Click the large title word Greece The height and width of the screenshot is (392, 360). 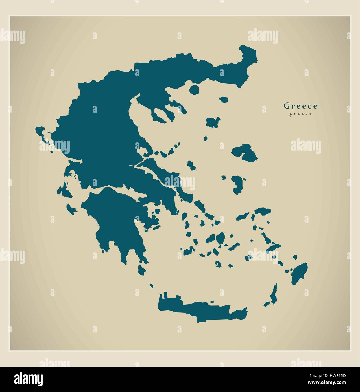pos(300,106)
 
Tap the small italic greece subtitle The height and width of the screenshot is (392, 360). pos(300,114)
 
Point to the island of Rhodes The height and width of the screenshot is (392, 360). pos(299,273)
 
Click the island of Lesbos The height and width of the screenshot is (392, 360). pos(245,153)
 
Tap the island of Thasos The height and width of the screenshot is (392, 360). pos(194,89)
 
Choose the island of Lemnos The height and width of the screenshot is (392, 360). pos(213,122)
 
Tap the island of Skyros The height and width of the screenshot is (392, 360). pos(191,165)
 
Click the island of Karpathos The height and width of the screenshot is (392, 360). pos(273,295)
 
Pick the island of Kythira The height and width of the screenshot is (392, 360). pos(142,269)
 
